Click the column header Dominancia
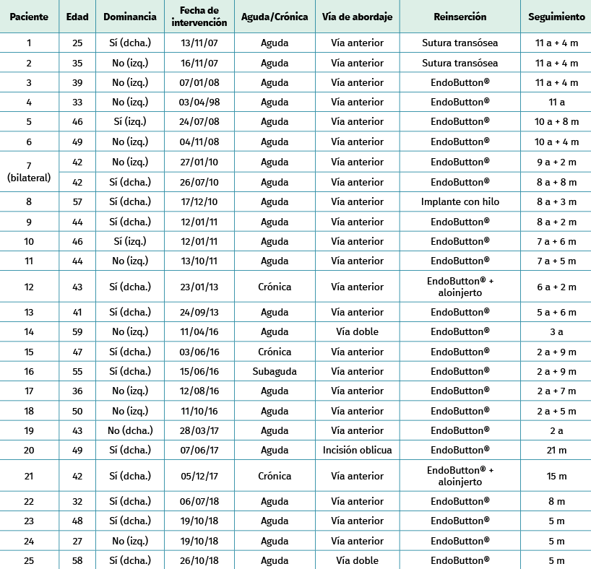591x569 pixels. pos(130,17)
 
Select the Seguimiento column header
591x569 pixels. pos(556,17)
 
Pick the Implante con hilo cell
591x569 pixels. pos(460,202)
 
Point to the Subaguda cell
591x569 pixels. pos(275,372)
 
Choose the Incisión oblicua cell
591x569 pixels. pos(357,451)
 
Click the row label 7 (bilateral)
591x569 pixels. pos(29,172)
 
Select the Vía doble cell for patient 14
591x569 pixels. pos(357,332)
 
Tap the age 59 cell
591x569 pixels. pos(77,332)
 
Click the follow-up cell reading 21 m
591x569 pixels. pos(556,451)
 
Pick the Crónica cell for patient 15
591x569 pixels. pos(275,352)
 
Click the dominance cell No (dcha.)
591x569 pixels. pos(130,431)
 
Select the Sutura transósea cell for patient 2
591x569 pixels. pos(460,64)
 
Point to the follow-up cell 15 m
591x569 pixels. pos(556,477)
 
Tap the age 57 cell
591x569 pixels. pos(77,202)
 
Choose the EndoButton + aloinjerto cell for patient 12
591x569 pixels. pos(460,287)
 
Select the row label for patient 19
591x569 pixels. pos(29,431)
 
